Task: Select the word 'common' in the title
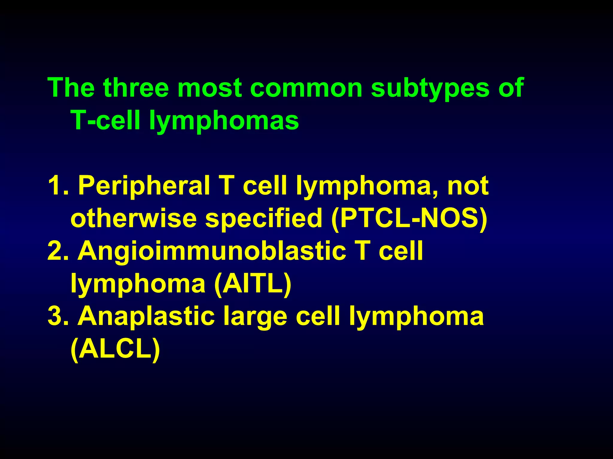(306, 88)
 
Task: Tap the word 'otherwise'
(133, 218)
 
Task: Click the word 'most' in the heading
(210, 88)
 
